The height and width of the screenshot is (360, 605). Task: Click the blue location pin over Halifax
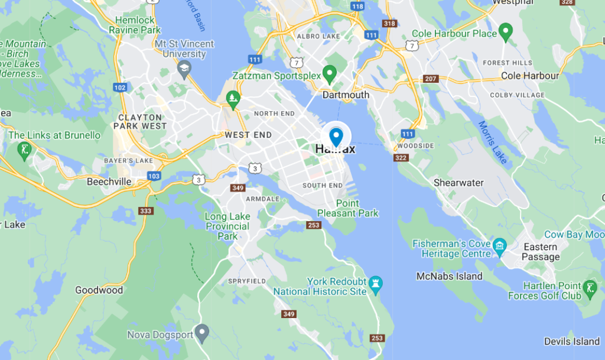pos(336,137)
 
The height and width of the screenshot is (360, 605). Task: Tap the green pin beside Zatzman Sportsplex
pos(330,74)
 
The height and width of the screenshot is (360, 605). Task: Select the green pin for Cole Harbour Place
pos(505,32)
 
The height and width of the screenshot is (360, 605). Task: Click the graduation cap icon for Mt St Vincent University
pos(185,70)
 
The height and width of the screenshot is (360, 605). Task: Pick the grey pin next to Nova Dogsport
pos(202,334)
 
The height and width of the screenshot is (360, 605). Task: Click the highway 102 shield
pos(120,87)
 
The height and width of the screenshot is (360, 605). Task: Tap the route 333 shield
pos(145,210)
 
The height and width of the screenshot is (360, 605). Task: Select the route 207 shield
pos(430,79)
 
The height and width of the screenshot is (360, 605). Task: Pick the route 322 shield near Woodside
pos(401,157)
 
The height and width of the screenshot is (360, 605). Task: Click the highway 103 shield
pos(154,176)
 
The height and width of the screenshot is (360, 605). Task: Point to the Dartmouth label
pos(346,95)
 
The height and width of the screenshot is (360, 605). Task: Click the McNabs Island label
pos(449,276)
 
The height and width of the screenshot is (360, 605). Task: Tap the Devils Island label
pos(572,341)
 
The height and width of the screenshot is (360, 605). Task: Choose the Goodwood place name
pos(99,290)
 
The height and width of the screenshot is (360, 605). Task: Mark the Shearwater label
pos(459,183)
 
